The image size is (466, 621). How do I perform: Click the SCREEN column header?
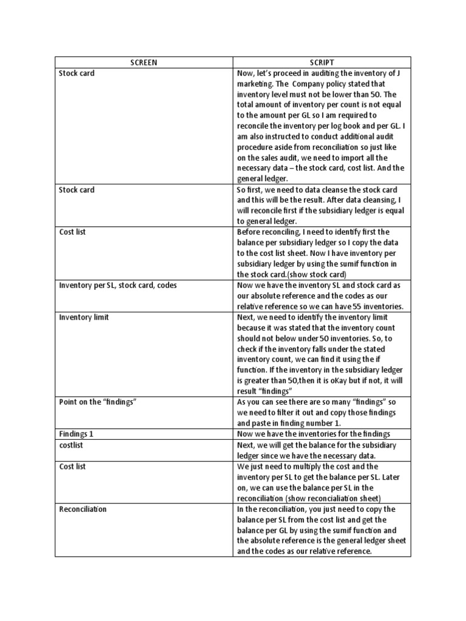pyautogui.click(x=144, y=62)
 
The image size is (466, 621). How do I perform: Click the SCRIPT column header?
pyautogui.click(x=322, y=62)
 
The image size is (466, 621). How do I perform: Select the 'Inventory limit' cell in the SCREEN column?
pyautogui.click(x=84, y=317)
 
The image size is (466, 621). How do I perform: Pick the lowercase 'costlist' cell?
pyautogui.click(x=71, y=445)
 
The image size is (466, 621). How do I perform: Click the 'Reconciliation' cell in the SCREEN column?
pyautogui.click(x=83, y=509)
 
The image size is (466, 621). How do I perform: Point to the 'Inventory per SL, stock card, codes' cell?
pyautogui.click(x=118, y=285)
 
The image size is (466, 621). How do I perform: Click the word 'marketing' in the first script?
pyautogui.click(x=255, y=84)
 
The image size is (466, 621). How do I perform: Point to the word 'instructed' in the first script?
pyautogui.click(x=276, y=137)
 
